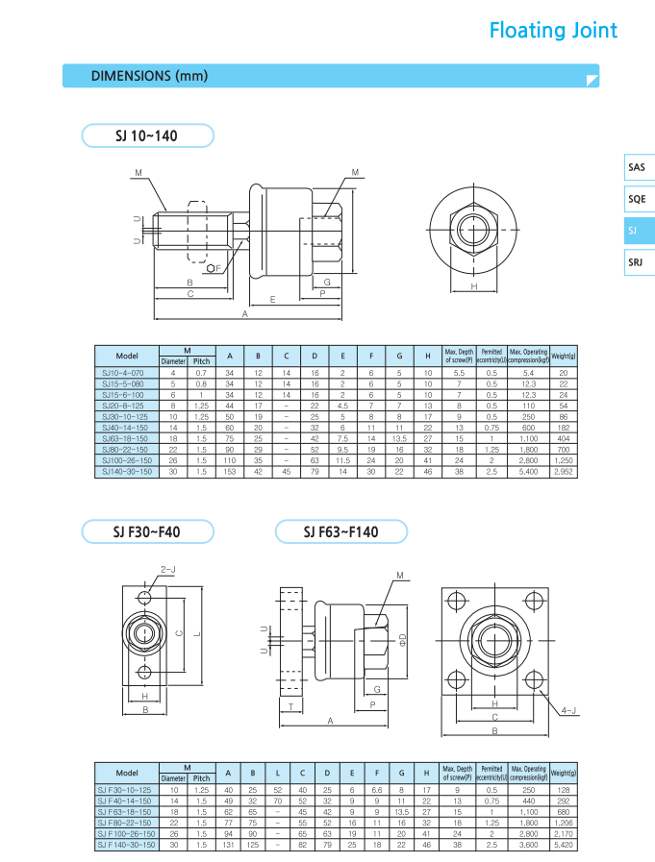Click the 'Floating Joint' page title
(x=553, y=31)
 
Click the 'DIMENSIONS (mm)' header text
(x=149, y=76)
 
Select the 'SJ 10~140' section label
(x=146, y=136)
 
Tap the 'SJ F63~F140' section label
(x=341, y=531)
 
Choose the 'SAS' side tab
(x=637, y=167)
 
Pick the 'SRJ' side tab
(x=636, y=261)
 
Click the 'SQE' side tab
(x=637, y=199)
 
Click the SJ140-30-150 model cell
(x=127, y=473)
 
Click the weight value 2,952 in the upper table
(x=564, y=473)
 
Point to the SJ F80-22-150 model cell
(x=127, y=824)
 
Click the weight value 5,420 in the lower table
(x=564, y=845)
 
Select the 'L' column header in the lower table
(x=277, y=773)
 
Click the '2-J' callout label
(x=168, y=569)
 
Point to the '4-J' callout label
(x=568, y=711)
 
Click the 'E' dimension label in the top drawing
(x=273, y=300)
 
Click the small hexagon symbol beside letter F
(x=211, y=268)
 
